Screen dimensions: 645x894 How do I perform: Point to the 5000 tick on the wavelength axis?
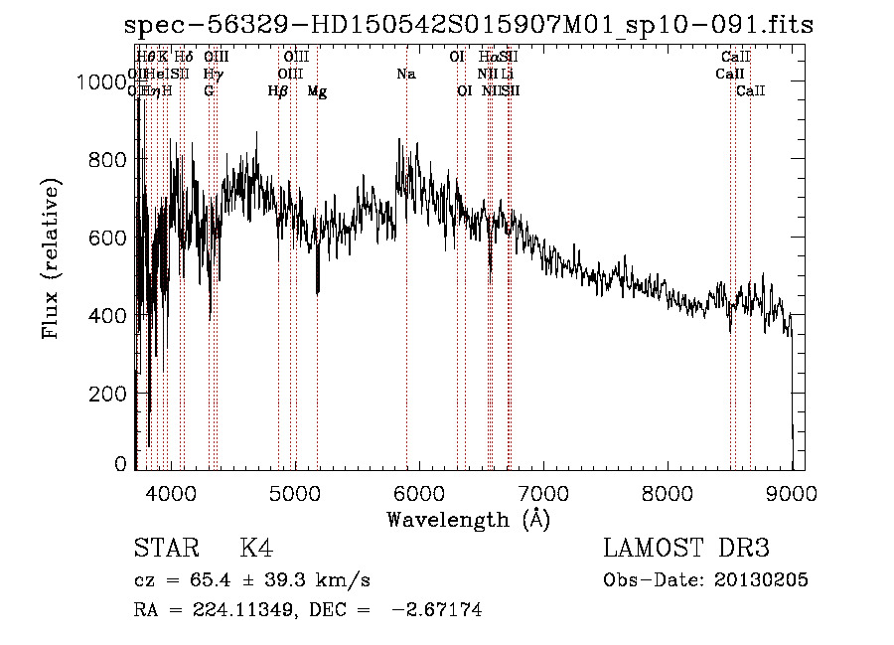click(x=295, y=492)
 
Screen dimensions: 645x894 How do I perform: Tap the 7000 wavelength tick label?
click(x=543, y=492)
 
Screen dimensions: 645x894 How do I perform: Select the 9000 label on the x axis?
click(x=792, y=492)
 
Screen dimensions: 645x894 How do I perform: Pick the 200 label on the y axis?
click(x=109, y=394)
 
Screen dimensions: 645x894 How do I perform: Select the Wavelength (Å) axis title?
click(x=468, y=519)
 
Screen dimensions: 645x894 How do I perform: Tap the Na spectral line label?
click(x=405, y=75)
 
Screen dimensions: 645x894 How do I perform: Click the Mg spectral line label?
click(x=317, y=91)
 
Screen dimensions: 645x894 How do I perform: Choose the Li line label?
click(x=507, y=75)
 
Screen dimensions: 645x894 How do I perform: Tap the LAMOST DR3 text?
click(x=686, y=550)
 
